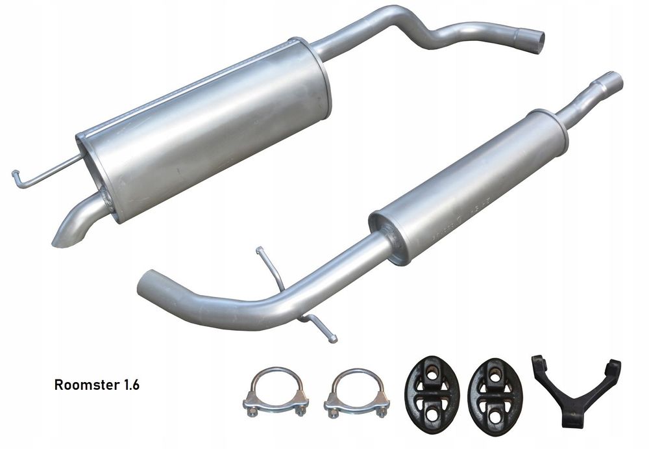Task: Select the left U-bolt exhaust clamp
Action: pos(275,392)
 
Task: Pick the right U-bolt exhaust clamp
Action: pos(356,393)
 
